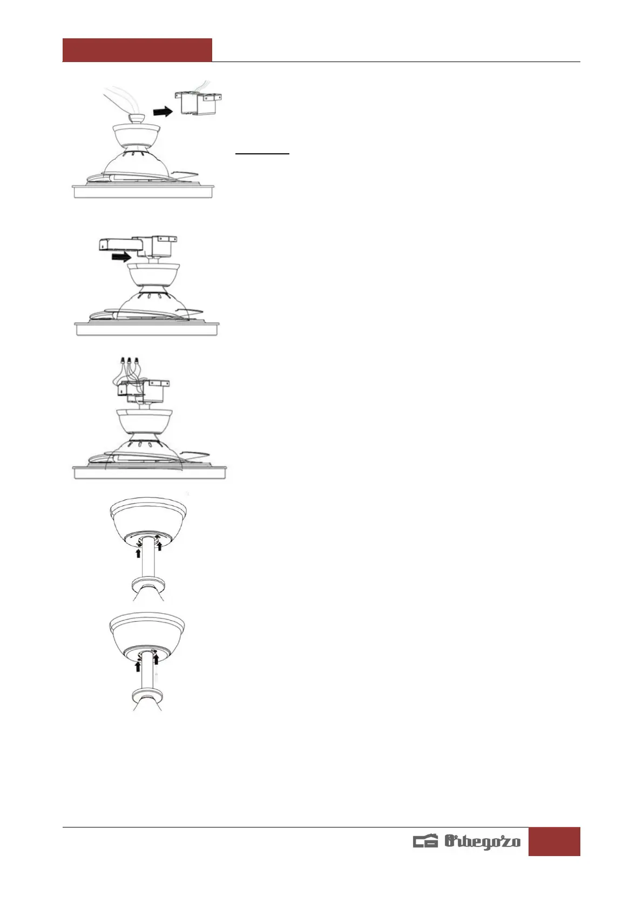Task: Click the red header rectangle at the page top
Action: [x=137, y=50]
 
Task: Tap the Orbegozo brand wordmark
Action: [x=482, y=842]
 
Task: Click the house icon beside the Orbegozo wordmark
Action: [x=425, y=842]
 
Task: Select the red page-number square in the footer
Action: [x=554, y=841]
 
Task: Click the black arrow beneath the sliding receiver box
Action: [x=120, y=258]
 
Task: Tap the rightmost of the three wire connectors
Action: [x=136, y=359]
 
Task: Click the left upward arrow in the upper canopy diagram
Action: [x=138, y=553]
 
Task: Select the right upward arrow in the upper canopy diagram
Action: [x=159, y=546]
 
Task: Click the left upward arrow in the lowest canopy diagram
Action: [x=138, y=665]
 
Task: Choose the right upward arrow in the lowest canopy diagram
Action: [x=156, y=659]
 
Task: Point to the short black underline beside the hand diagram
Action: [x=262, y=154]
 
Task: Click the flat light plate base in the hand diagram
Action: [x=144, y=192]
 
